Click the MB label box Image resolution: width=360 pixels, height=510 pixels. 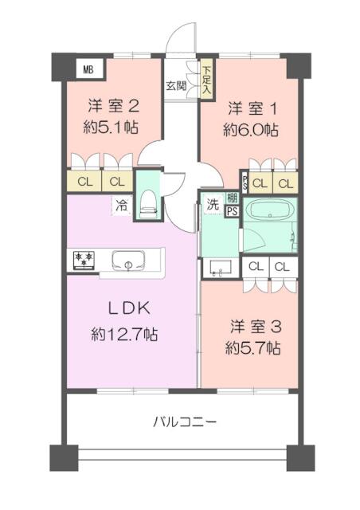coord(88,69)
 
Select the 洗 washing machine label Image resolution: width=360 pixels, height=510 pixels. coord(213,202)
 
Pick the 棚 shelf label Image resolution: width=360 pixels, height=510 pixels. coord(232,198)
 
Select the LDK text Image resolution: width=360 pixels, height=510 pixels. coord(124,309)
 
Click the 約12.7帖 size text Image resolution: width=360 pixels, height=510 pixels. coord(124,334)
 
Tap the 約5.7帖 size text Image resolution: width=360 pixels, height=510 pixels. coord(252,347)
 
